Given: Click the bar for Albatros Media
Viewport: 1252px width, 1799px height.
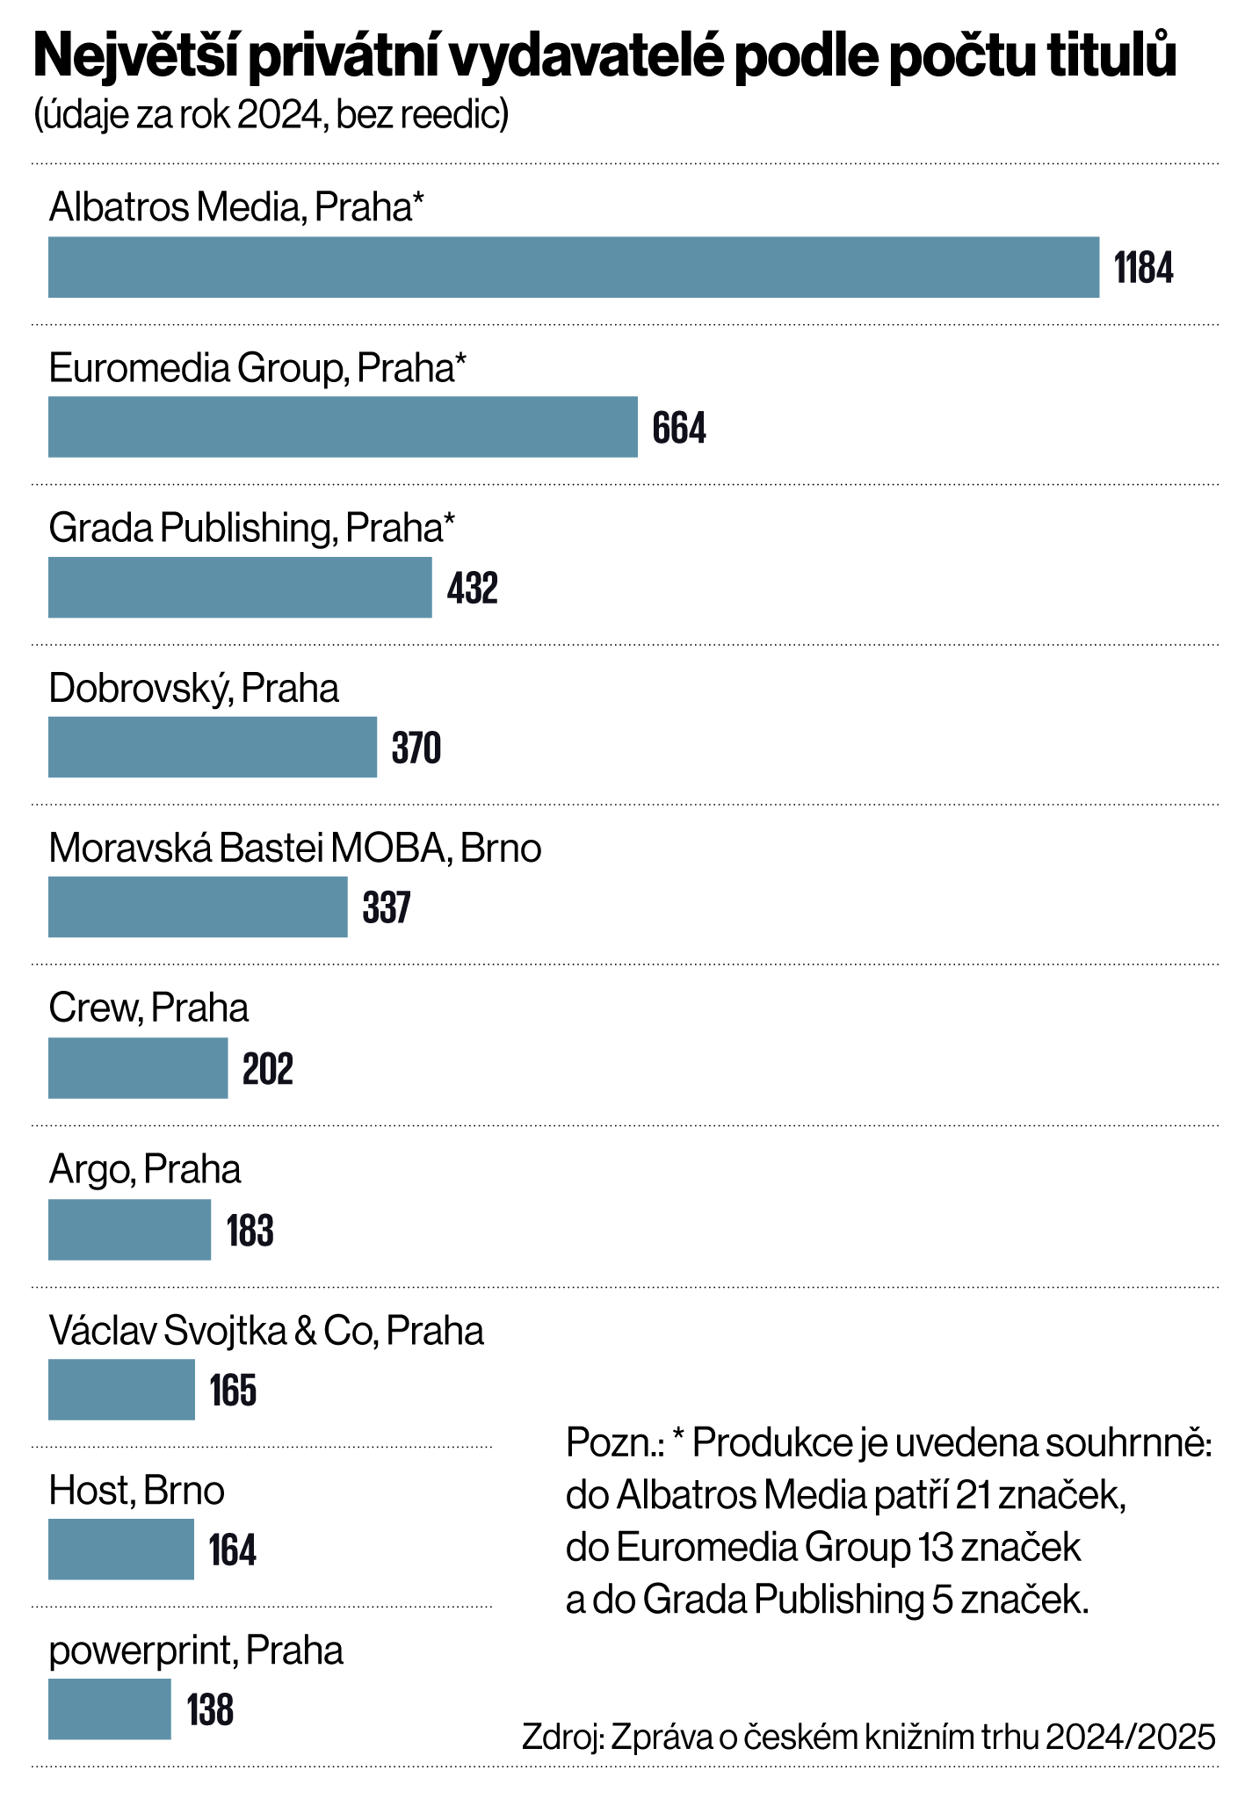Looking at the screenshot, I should click(573, 267).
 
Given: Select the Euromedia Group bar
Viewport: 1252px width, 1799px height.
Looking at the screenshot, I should click(343, 427).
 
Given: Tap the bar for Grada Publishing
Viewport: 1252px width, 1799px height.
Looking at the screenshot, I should click(240, 587).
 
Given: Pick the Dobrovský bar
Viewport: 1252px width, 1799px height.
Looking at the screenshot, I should click(213, 747).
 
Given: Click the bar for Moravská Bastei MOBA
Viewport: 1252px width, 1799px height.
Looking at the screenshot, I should click(198, 907).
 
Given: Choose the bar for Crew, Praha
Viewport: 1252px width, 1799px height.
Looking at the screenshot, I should click(138, 1067).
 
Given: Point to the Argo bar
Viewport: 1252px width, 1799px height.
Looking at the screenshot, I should click(129, 1230).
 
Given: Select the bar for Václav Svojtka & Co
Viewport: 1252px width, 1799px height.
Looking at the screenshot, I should click(121, 1390).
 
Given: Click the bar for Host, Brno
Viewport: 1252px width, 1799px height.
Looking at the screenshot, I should click(120, 1550).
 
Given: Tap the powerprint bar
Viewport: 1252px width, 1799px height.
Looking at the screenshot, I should click(109, 1709).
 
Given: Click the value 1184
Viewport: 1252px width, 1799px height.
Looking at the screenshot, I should click(1143, 268).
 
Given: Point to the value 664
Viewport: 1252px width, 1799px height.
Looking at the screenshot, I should click(679, 428).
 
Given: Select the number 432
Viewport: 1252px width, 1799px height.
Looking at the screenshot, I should click(473, 588).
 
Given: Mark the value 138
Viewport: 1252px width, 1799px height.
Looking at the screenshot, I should click(210, 1710).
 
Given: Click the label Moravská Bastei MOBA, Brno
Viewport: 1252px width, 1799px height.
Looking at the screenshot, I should click(294, 849).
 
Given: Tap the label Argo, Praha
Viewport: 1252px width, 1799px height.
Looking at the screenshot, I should click(145, 1170).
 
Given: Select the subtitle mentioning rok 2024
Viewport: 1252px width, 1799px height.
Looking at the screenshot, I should click(271, 115).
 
